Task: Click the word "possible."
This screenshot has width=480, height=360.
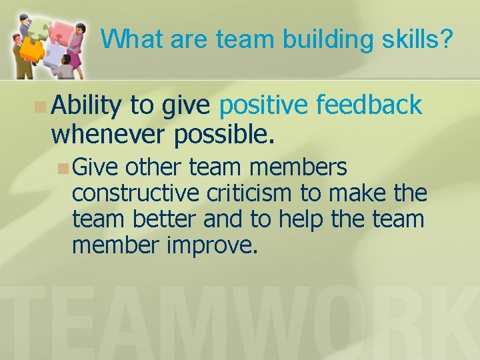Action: coord(224,135)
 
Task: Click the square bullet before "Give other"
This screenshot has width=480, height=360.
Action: coord(63,167)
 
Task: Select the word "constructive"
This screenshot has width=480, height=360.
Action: coord(135,193)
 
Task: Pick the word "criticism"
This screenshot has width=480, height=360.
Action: coord(249,193)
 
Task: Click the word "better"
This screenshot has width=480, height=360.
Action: coord(167,219)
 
